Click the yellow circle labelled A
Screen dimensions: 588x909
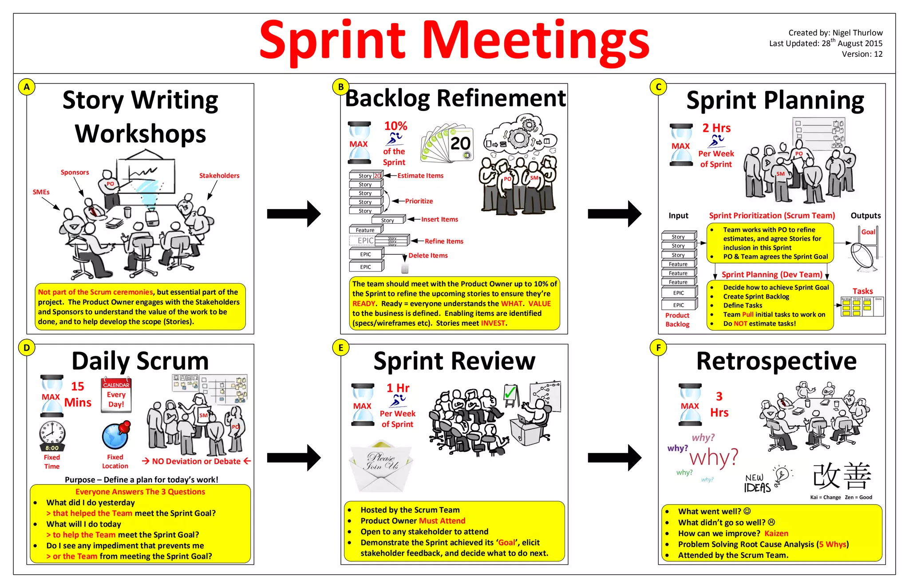27,87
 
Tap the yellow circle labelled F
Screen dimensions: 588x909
658,348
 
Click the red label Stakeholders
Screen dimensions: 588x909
219,176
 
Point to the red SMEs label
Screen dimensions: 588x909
41,192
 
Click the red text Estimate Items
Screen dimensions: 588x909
420,176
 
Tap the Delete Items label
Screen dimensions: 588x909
428,256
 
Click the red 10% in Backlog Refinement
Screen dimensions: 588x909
395,126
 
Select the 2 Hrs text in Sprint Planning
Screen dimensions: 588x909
716,128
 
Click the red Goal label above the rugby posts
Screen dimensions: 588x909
868,232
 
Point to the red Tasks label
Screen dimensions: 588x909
862,291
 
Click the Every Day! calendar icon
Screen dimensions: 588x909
116,395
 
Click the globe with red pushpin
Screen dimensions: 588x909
116,436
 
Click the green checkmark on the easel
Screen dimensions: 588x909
510,392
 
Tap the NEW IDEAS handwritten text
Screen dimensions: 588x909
757,483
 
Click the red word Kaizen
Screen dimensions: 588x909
776,533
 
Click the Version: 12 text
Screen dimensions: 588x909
862,54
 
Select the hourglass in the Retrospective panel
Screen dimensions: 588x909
690,404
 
